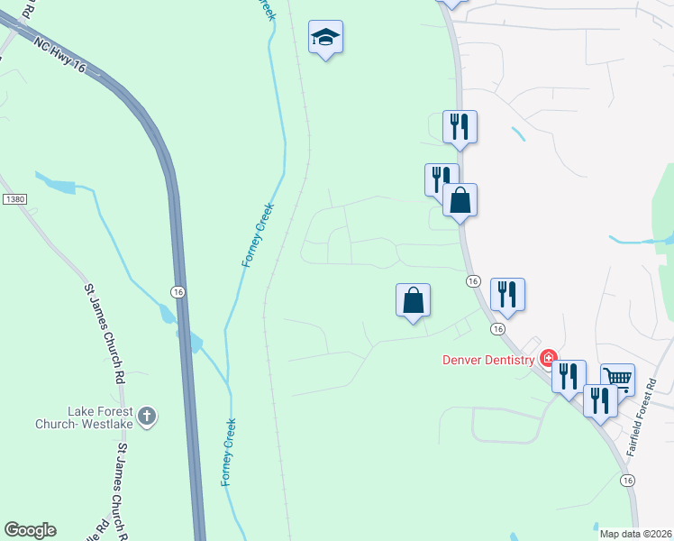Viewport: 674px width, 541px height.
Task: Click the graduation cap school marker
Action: click(325, 38)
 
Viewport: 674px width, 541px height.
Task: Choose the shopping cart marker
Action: click(618, 379)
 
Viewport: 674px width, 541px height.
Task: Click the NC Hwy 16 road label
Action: click(62, 56)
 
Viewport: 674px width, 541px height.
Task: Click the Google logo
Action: click(30, 530)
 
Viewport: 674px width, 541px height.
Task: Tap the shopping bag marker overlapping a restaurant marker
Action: click(460, 199)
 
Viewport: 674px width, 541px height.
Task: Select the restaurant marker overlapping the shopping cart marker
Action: click(599, 399)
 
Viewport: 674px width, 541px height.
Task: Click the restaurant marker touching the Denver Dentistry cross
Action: click(569, 374)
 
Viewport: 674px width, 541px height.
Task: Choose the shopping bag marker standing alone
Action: click(413, 299)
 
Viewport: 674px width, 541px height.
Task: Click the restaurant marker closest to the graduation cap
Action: click(460, 126)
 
